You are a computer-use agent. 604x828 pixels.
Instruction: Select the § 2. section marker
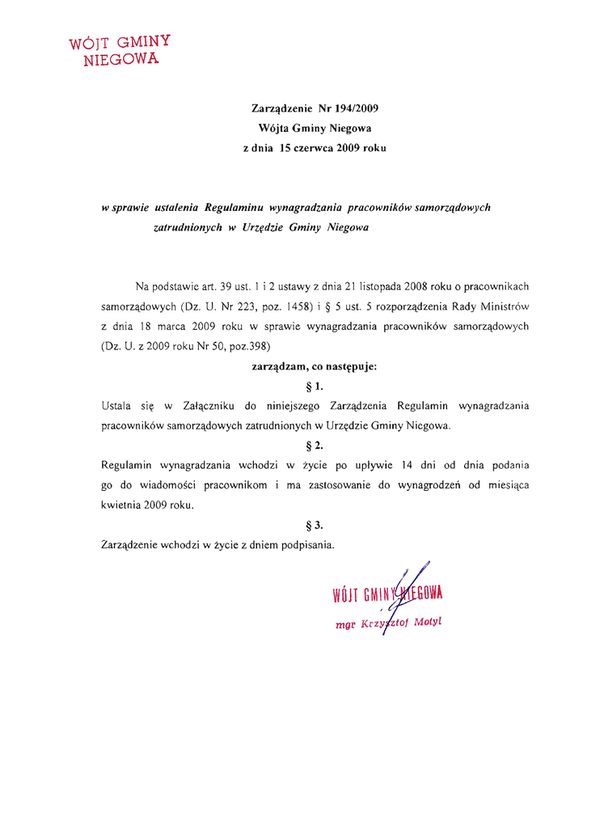[315, 446]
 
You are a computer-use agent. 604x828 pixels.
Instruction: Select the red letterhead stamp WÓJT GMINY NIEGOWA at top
[121, 51]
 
